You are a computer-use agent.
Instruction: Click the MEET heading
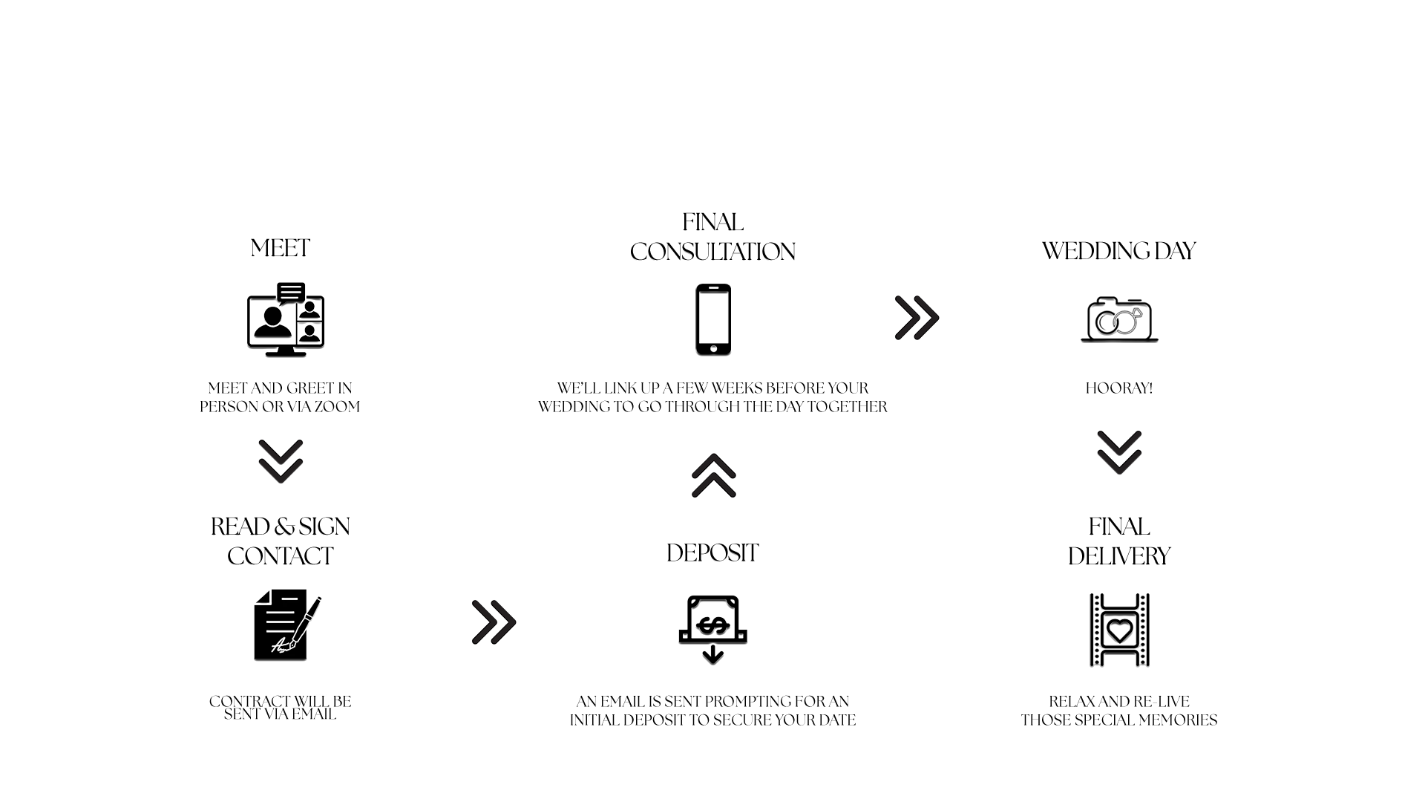click(280, 248)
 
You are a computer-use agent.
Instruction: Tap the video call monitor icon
click(286, 320)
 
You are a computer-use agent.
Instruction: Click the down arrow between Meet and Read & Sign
click(281, 461)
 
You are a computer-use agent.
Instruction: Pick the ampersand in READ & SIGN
click(284, 527)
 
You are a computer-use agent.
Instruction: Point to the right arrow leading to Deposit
click(494, 622)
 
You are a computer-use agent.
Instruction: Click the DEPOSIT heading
click(712, 553)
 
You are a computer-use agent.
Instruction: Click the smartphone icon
click(713, 320)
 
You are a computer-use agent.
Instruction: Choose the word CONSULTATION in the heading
click(712, 252)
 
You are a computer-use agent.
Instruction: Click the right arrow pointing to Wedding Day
click(917, 318)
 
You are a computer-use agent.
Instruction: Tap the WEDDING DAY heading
click(1118, 251)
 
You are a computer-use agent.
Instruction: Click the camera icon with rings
click(1119, 319)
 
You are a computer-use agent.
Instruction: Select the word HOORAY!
click(1119, 388)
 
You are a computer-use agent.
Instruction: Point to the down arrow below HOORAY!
click(1119, 452)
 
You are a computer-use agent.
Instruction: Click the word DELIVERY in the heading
click(1119, 557)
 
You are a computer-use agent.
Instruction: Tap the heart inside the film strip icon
click(1119, 630)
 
